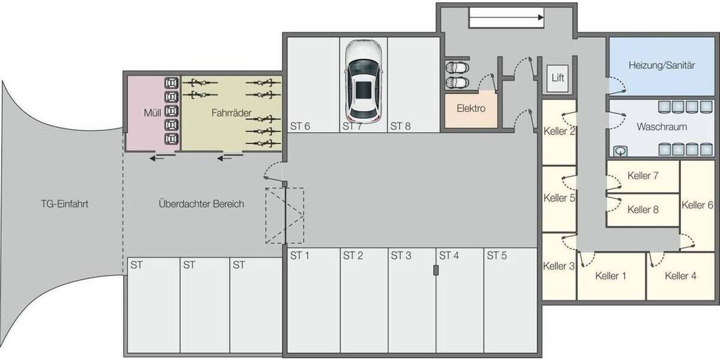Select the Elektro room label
[x=470, y=109]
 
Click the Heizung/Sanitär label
[x=662, y=65]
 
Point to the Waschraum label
[x=662, y=127]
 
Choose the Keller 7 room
[x=643, y=176]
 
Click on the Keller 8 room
[x=643, y=210]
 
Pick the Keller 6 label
[x=697, y=205]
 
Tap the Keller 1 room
[x=611, y=276]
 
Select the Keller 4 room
[x=680, y=276]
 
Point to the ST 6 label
[x=300, y=127]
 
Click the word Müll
[x=152, y=113]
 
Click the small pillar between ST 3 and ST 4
[x=436, y=270]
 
